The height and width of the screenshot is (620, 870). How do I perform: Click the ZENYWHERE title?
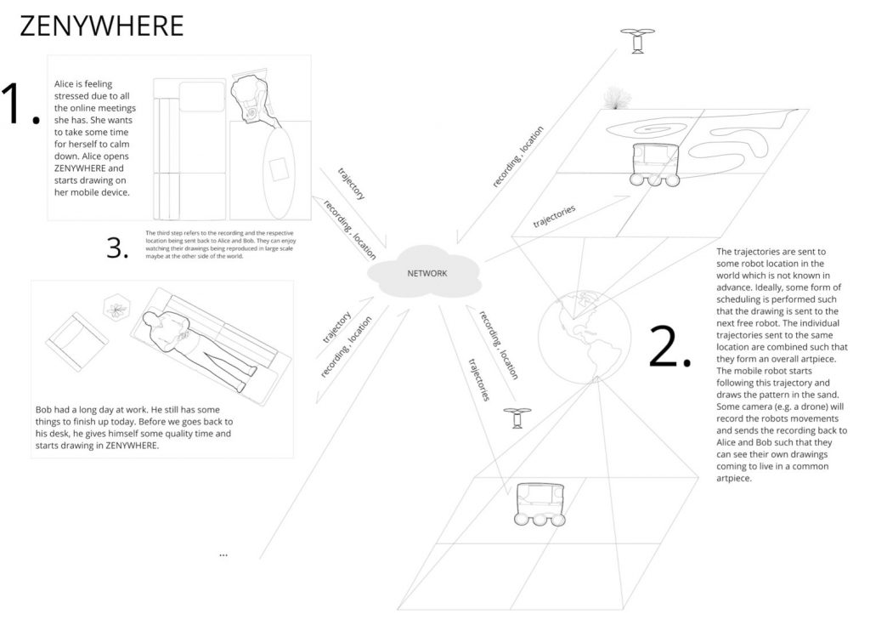point(102,26)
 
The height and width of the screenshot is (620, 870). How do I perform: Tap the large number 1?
point(20,104)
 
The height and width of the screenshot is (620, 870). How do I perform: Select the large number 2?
point(669,345)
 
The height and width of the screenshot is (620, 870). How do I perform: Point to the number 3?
point(117,247)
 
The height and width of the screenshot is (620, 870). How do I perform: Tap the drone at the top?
point(637,41)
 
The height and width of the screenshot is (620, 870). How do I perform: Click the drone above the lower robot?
point(517,418)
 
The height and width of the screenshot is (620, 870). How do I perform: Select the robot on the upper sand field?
point(655,164)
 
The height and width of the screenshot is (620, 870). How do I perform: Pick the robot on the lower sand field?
point(540,504)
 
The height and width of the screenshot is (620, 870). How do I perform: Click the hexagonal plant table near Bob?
point(116,309)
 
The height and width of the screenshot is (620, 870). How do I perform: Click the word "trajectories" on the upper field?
point(554,216)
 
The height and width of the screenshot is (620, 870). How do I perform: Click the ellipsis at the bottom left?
point(223,555)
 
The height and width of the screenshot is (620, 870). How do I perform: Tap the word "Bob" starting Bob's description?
point(44,409)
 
